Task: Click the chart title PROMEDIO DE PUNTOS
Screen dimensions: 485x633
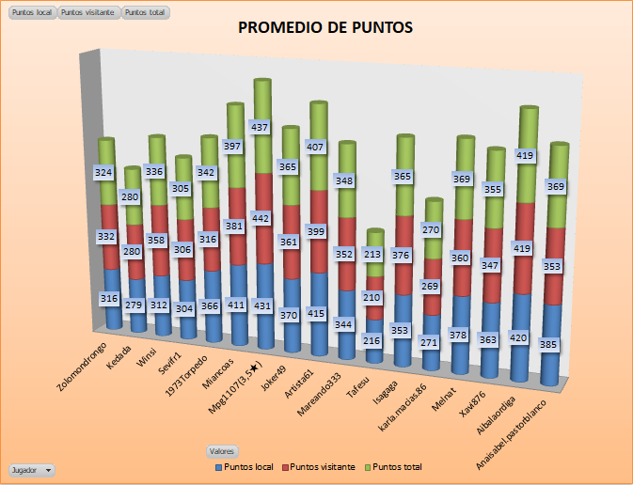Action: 325,27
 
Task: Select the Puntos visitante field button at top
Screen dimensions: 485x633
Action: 88,13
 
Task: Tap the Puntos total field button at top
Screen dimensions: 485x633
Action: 146,13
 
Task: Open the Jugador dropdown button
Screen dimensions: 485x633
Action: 31,469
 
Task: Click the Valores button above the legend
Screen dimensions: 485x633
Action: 223,451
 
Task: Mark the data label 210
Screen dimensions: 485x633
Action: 373,298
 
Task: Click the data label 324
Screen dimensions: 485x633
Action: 104,172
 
